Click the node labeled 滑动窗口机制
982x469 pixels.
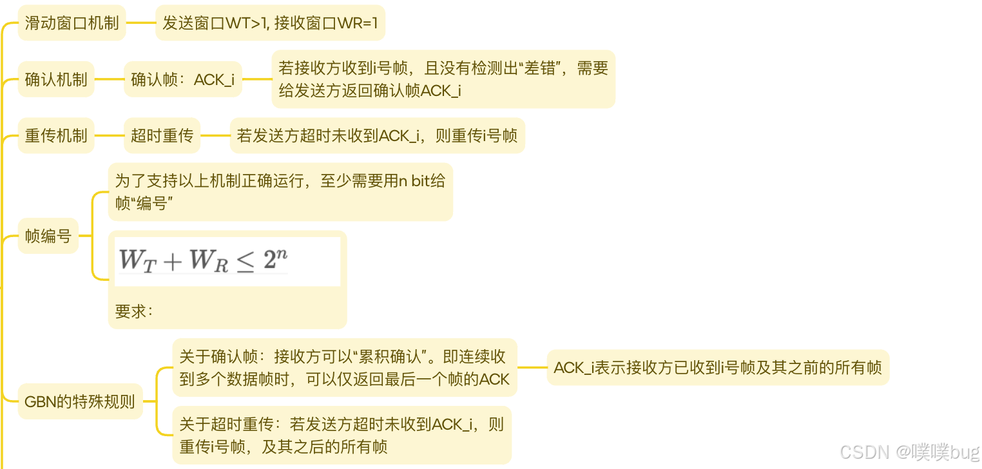pos(72,23)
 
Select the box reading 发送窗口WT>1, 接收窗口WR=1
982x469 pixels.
pos(270,23)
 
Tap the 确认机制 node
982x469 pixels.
pos(56,79)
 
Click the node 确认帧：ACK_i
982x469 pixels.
pos(182,79)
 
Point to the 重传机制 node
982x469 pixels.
pos(56,135)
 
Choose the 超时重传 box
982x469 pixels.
pos(162,135)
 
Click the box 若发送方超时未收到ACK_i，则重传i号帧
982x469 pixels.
pos(377,135)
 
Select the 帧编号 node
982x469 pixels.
pos(48,236)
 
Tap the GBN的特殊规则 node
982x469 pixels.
pos(80,401)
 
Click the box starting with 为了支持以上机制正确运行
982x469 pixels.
pos(280,191)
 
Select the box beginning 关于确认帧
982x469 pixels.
pos(345,367)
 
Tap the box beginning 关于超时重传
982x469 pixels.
pos(342,435)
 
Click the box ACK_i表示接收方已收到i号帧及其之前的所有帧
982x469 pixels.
pos(718,367)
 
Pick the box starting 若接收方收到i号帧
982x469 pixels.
pos(443,79)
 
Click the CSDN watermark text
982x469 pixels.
pos(909,452)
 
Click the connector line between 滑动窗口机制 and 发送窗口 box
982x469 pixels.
pos(140,23)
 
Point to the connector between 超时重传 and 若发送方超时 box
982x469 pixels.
pos(215,135)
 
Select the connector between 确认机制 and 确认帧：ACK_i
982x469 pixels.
pos(109,79)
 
